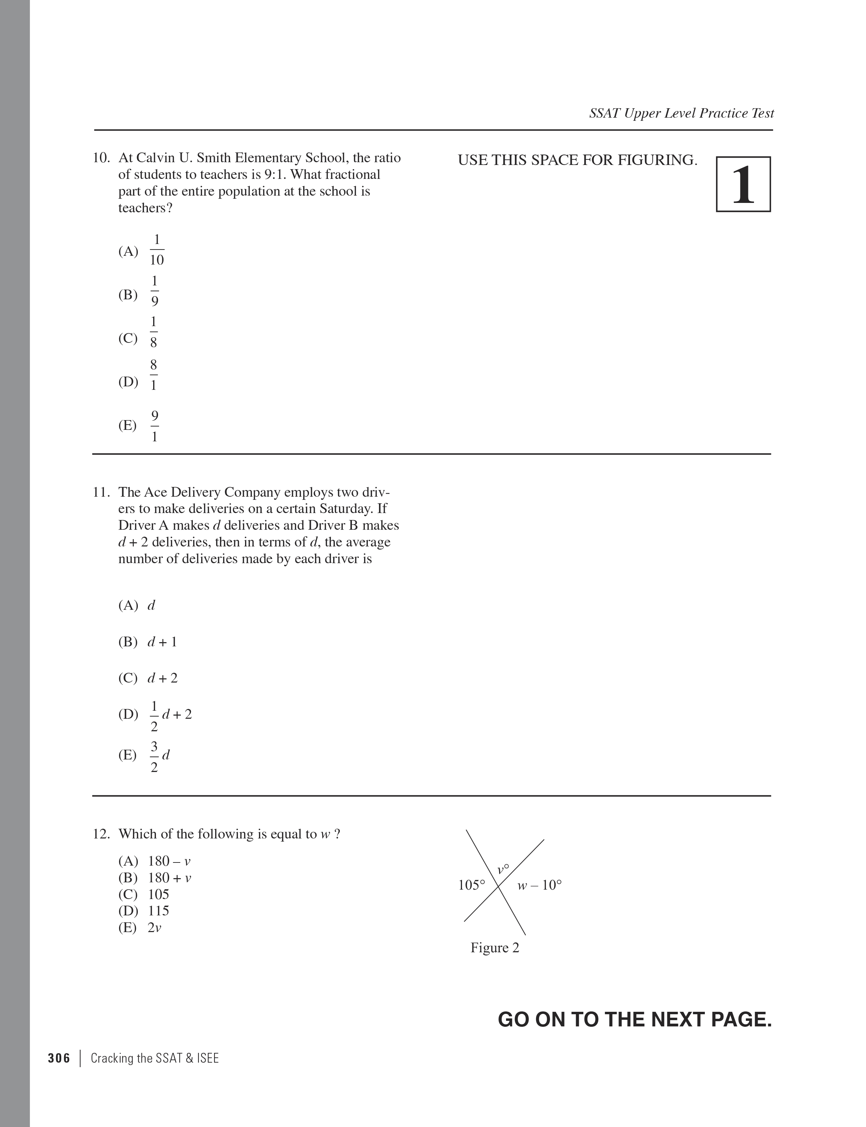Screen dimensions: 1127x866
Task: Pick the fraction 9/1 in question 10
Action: click(154, 426)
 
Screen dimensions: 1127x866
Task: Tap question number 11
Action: click(101, 492)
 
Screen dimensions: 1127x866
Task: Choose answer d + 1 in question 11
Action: click(162, 642)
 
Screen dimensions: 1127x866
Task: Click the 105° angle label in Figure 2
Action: click(472, 885)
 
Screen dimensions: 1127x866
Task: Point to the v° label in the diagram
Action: click(503, 869)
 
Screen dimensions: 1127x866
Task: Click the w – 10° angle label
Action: click(539, 885)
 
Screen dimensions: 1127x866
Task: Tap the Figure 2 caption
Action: click(495, 948)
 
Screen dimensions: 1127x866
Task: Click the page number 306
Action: click(59, 1058)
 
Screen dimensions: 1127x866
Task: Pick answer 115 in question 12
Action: click(158, 911)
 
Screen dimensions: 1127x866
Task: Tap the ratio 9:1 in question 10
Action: click(275, 175)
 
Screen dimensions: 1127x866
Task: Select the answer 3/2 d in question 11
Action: click(159, 756)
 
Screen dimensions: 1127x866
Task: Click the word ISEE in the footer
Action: click(208, 1058)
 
